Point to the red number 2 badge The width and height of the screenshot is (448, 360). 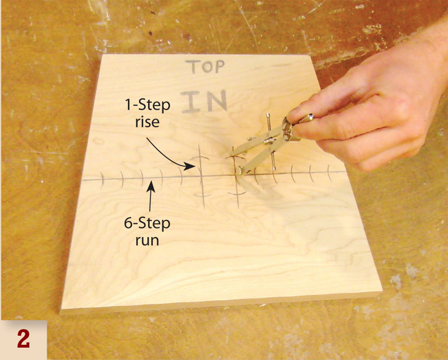tap(23, 339)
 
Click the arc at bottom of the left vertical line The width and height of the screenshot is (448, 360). tap(202, 194)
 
